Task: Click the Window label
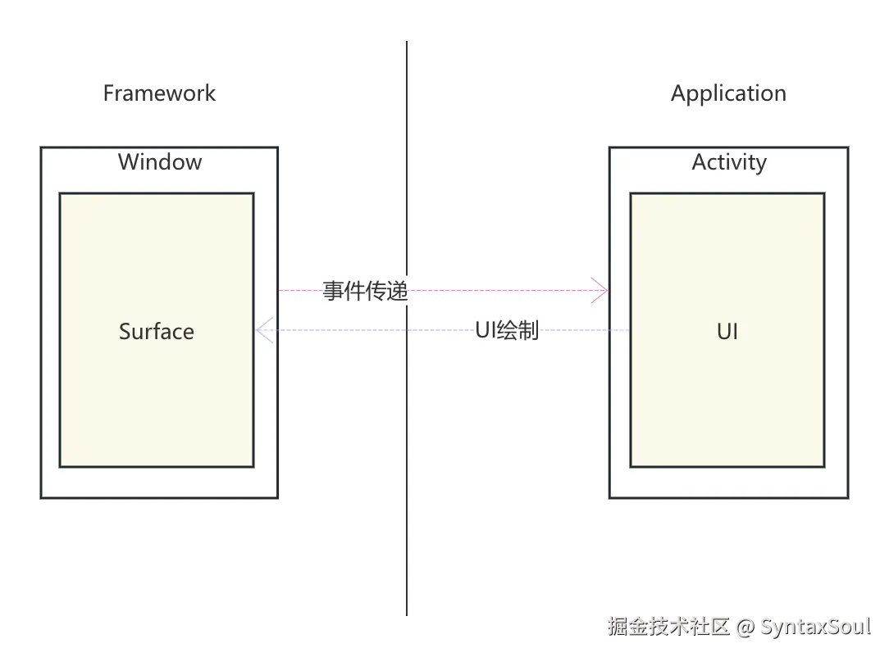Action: pyautogui.click(x=160, y=161)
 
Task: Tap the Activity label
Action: pyautogui.click(x=729, y=162)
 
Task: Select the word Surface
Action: pyautogui.click(x=157, y=331)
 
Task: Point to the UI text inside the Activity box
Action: pyautogui.click(x=727, y=331)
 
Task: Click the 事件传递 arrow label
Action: pyautogui.click(x=365, y=291)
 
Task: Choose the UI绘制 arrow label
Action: pyautogui.click(x=508, y=330)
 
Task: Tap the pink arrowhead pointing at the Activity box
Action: pyautogui.click(x=600, y=291)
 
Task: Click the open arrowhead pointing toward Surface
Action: pyautogui.click(x=264, y=331)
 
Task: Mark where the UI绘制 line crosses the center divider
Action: pyautogui.click(x=407, y=331)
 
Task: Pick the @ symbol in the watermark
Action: pyautogui.click(x=745, y=627)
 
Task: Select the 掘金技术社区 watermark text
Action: pyautogui.click(x=667, y=627)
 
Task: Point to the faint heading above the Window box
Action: pyautogui.click(x=157, y=92)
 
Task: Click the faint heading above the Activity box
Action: pyautogui.click(x=728, y=94)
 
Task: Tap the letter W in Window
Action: pyautogui.click(x=128, y=161)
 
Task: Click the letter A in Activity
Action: pyautogui.click(x=700, y=162)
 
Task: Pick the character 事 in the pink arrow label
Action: pyautogui.click(x=333, y=291)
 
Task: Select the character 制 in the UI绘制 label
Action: pyautogui.click(x=529, y=330)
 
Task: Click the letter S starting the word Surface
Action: pyautogui.click(x=125, y=331)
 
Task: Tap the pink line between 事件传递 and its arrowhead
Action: pyautogui.click(x=500, y=291)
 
